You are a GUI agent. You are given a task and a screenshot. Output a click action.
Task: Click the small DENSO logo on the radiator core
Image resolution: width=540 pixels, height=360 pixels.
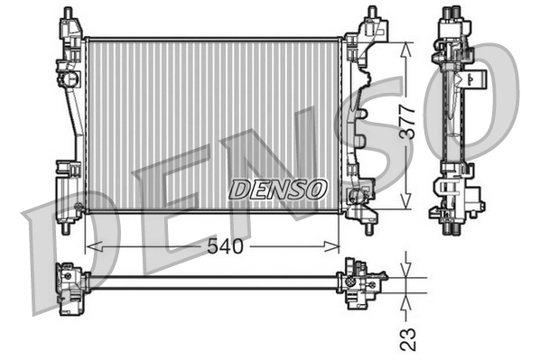[x=277, y=189]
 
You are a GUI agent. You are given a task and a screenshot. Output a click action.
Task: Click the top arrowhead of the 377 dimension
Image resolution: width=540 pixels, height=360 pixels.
[x=408, y=43]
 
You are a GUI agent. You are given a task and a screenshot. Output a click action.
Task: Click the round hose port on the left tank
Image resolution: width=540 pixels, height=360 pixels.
[x=66, y=80]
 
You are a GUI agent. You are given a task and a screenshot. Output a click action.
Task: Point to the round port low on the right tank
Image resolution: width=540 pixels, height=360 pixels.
[x=360, y=193]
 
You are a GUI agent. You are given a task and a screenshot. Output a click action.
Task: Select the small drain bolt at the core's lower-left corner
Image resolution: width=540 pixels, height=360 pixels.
[x=79, y=208]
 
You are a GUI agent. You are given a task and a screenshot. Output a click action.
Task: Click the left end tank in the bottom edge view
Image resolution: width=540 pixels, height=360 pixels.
[x=68, y=288]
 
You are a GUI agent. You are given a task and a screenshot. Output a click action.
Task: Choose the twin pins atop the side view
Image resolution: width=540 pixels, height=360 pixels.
[x=451, y=13]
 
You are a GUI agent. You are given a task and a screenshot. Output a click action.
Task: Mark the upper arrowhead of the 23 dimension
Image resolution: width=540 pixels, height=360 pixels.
[x=408, y=272]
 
